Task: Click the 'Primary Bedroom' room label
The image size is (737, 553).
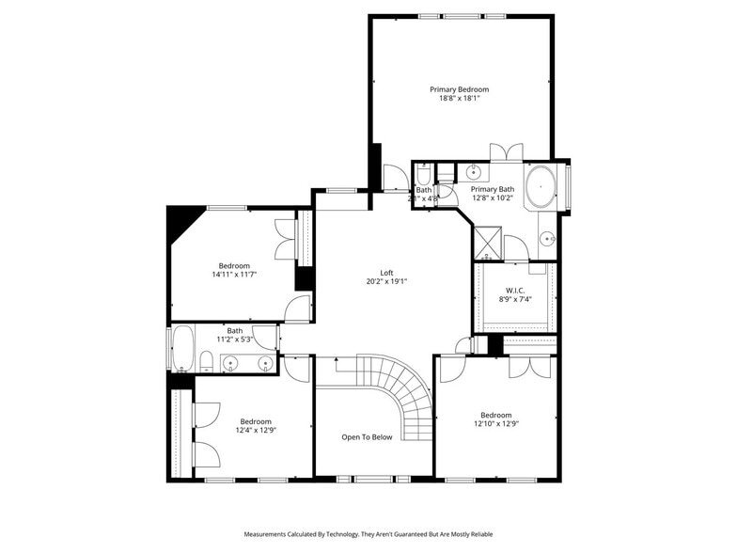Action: [459, 89]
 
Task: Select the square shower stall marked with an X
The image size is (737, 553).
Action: [487, 243]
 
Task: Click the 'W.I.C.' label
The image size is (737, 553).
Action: [515, 289]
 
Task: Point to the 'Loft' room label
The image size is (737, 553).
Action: [386, 271]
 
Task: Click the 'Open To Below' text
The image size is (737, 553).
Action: [367, 436]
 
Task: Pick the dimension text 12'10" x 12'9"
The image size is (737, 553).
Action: [495, 425]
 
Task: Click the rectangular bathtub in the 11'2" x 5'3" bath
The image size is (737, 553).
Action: [181, 348]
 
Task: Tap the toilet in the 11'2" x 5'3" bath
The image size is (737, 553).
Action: [206, 360]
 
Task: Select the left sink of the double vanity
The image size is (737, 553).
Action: [231, 362]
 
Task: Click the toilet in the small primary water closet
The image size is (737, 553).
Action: [424, 176]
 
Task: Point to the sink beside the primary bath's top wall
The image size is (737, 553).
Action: [474, 172]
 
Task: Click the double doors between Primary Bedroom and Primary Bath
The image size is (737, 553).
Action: [506, 152]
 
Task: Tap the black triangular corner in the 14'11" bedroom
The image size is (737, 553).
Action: [177, 221]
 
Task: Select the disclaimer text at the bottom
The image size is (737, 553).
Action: [368, 533]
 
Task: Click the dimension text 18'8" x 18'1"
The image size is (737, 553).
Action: [459, 99]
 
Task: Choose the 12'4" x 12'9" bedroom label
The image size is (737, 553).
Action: [256, 425]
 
